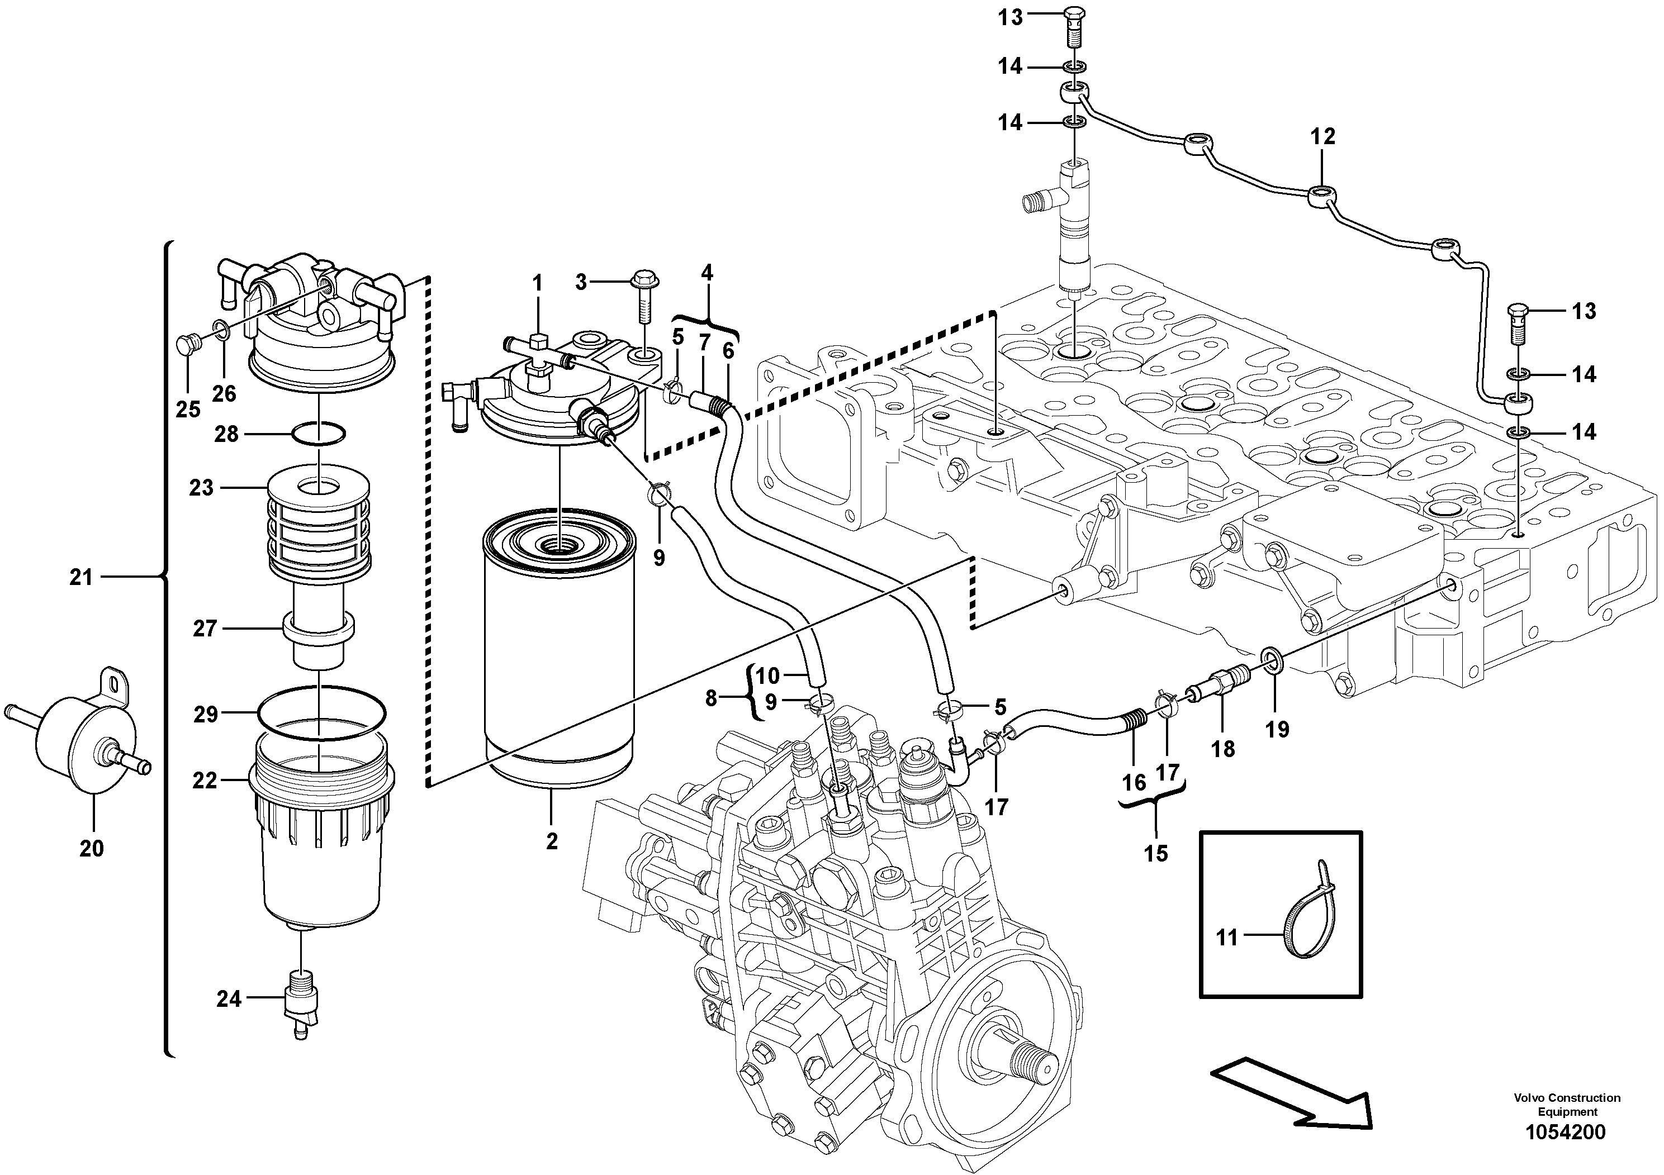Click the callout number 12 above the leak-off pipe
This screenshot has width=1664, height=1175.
click(1322, 136)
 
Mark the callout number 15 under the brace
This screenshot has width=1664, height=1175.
click(1156, 853)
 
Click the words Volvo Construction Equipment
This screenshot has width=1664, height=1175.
click(1566, 1105)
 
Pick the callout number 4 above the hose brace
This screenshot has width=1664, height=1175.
click(707, 273)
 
